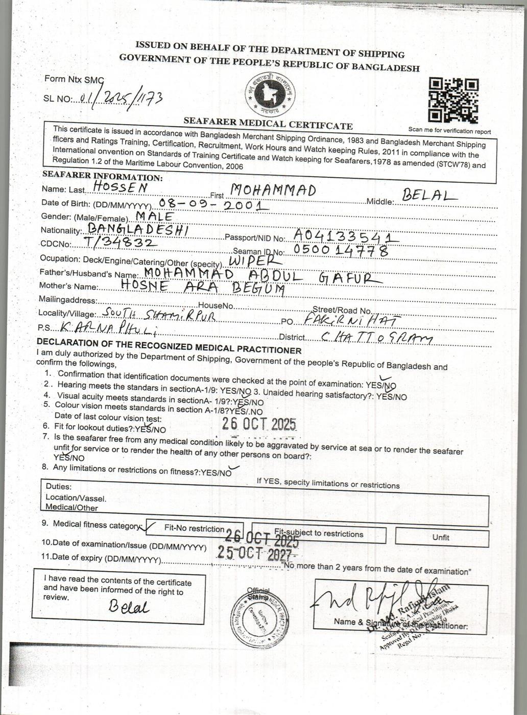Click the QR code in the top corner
click(x=453, y=101)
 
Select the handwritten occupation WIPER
click(x=249, y=261)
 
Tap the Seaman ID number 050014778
click(x=341, y=250)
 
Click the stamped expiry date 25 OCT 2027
click(x=256, y=552)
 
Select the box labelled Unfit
click(x=441, y=537)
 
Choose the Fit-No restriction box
click(x=194, y=529)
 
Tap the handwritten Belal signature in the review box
click(x=128, y=607)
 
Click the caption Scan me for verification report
click(x=449, y=131)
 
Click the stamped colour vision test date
click(x=259, y=424)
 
